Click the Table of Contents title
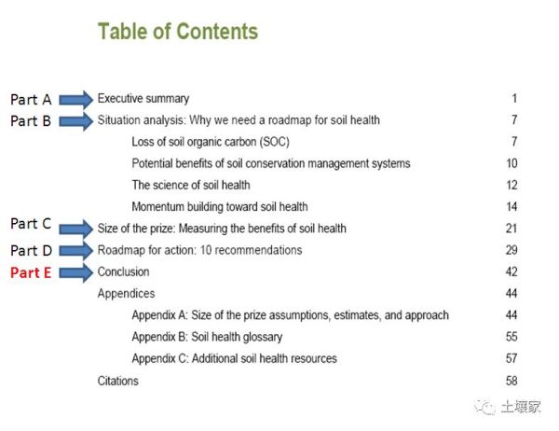tap(178, 32)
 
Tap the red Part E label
tap(31, 272)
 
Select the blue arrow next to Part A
tap(76, 100)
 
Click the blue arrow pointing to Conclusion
tap(76, 273)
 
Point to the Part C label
tap(31, 224)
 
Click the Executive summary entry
tap(143, 99)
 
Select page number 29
tap(511, 250)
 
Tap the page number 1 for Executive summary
tap(514, 98)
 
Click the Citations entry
tap(118, 381)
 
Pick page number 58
tap(511, 381)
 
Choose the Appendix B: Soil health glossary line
tap(207, 337)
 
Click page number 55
tap(511, 337)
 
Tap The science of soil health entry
tap(191, 185)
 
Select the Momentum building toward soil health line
tap(220, 207)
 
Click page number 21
tap(511, 229)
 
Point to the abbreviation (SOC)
tap(274, 142)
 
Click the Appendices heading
tap(126, 294)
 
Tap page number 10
tap(511, 163)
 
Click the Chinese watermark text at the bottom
tap(521, 407)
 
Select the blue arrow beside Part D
tap(76, 251)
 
